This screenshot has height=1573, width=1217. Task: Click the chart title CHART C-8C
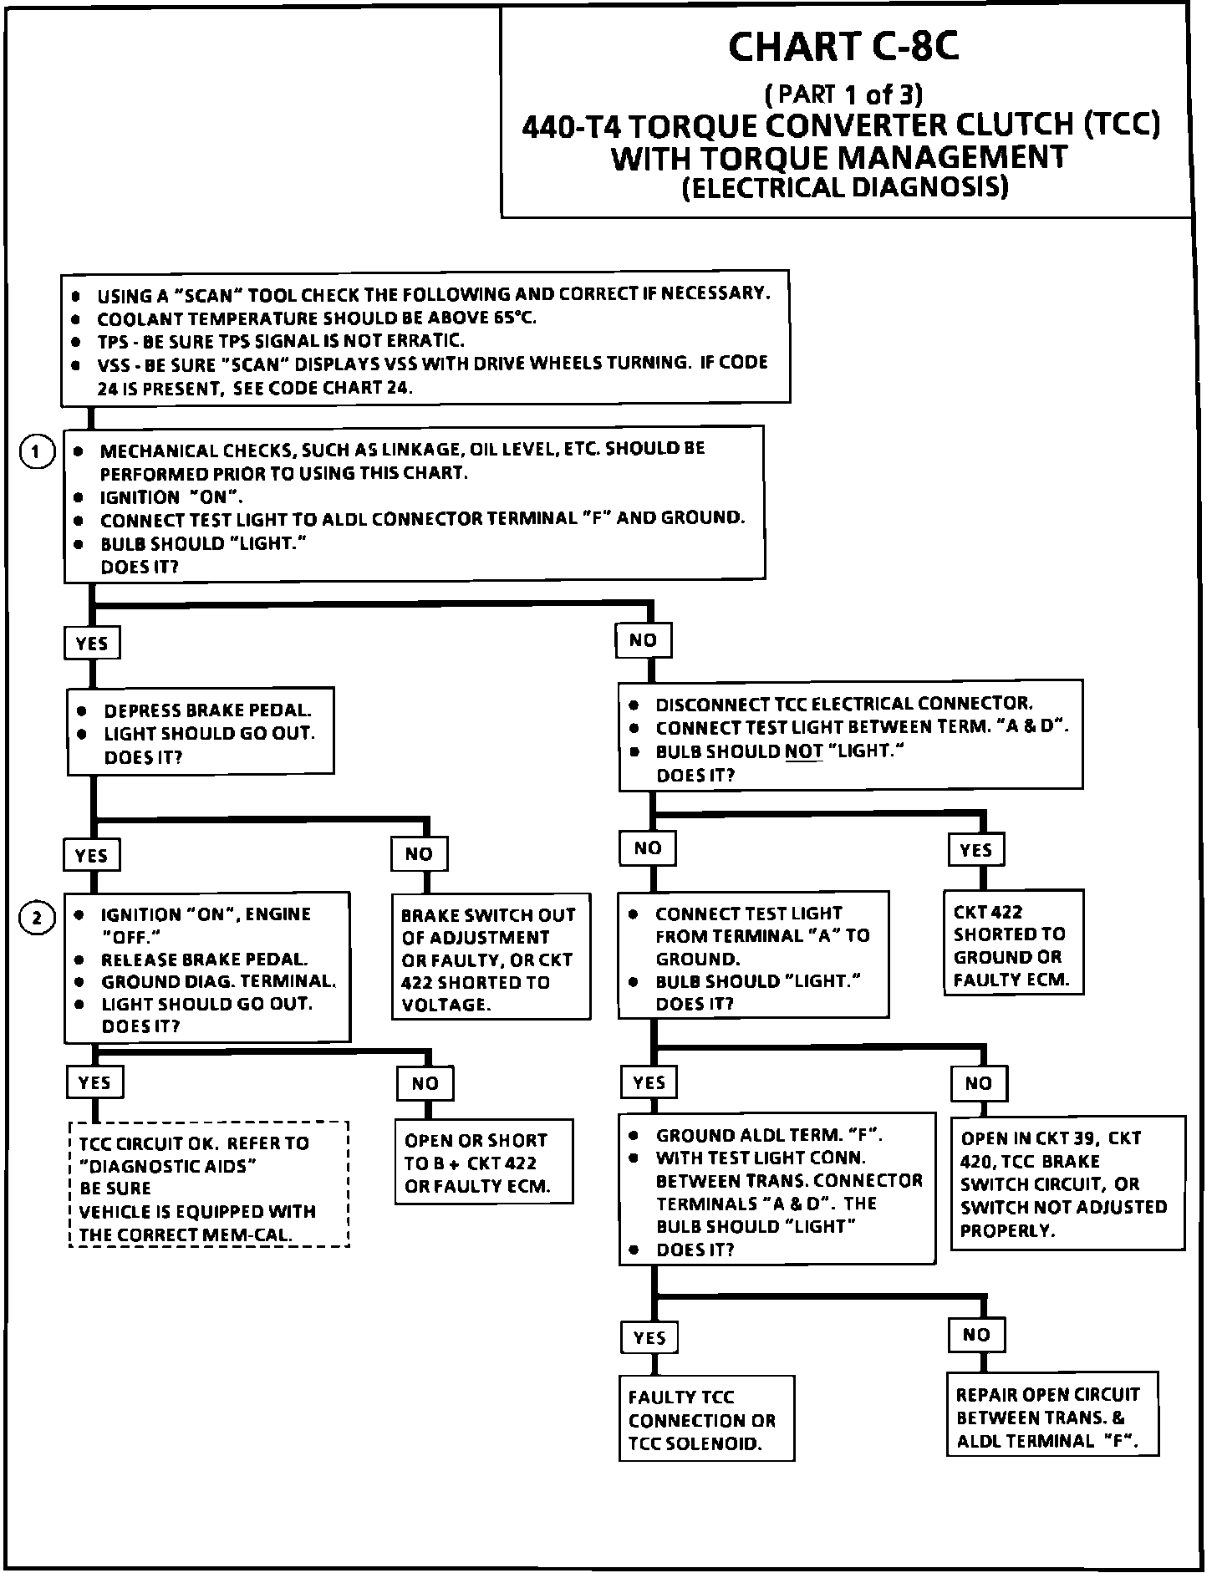coord(843,48)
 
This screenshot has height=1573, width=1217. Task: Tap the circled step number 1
coord(37,453)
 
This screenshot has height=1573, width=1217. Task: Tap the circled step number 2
coord(37,918)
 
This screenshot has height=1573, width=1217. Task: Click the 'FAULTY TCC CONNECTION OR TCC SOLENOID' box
coord(706,1419)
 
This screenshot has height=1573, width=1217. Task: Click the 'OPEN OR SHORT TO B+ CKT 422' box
coord(483,1162)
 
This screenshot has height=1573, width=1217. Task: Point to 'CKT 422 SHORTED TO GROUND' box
coord(1014,944)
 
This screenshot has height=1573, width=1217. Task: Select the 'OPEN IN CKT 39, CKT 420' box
coord(1067,1183)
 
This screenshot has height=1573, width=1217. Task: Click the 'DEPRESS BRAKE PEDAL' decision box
coord(201,732)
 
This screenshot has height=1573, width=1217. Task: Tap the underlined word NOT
coord(804,751)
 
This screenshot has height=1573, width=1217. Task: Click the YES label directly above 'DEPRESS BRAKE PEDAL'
coord(92,643)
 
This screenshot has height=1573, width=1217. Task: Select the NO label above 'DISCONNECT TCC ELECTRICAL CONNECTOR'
coord(644,640)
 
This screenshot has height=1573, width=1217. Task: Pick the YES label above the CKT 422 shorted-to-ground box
coord(975,850)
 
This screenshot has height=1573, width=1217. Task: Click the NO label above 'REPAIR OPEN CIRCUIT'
coord(975,1335)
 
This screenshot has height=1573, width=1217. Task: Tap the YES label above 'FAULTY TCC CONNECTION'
coord(649,1337)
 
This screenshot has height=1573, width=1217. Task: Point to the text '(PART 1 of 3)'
coord(843,93)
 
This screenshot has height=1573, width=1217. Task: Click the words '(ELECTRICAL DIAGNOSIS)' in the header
coord(845,186)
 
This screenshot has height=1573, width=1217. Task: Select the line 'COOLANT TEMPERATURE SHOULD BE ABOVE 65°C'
coord(317,318)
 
